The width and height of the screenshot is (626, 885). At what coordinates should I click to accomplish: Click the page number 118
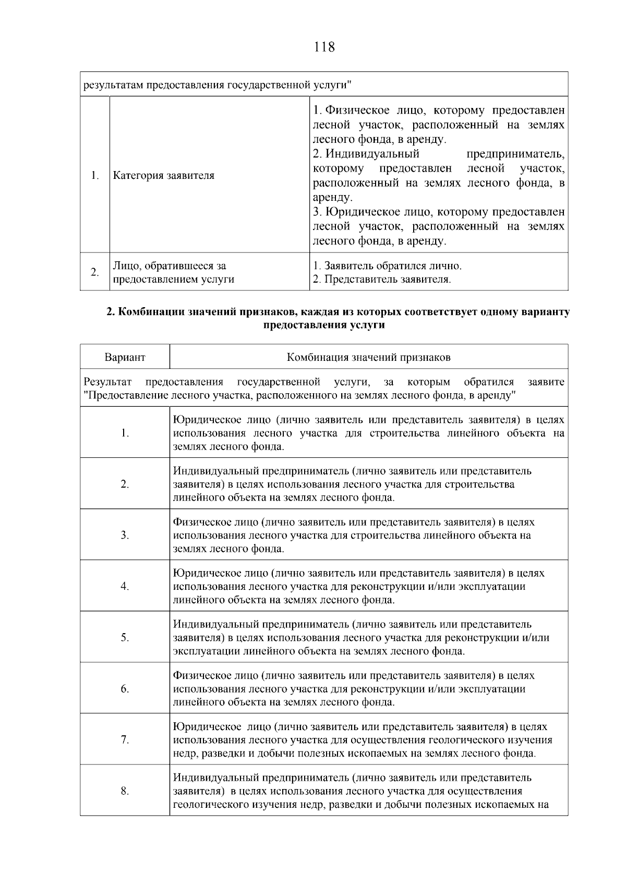pos(324,47)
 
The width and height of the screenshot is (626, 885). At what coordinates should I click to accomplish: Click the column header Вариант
pos(125,357)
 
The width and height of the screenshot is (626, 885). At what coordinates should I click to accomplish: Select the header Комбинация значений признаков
pos(368,357)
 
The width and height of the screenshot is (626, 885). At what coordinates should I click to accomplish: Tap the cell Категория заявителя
pos(164,175)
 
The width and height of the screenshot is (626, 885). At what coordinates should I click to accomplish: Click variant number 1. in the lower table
pos(125,433)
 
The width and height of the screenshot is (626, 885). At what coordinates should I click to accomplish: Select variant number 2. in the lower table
pos(125,484)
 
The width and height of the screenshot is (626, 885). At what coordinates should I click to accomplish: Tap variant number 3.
pos(125,535)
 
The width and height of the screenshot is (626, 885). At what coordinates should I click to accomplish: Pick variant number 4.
pos(125,586)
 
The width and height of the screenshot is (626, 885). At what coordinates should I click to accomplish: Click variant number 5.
pos(125,637)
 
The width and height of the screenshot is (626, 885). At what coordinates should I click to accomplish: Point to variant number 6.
pos(125,689)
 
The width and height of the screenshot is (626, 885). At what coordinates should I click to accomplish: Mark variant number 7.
pos(125,740)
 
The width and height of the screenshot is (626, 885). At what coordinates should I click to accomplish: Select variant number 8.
pos(125,791)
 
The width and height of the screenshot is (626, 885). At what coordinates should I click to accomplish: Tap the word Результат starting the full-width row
pos(107,382)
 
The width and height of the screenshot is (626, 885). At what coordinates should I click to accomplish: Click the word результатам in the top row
pos(113,84)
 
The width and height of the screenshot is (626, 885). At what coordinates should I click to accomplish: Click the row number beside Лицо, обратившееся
pos(94,272)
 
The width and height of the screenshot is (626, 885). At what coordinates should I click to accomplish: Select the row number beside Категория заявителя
pos(94,175)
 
